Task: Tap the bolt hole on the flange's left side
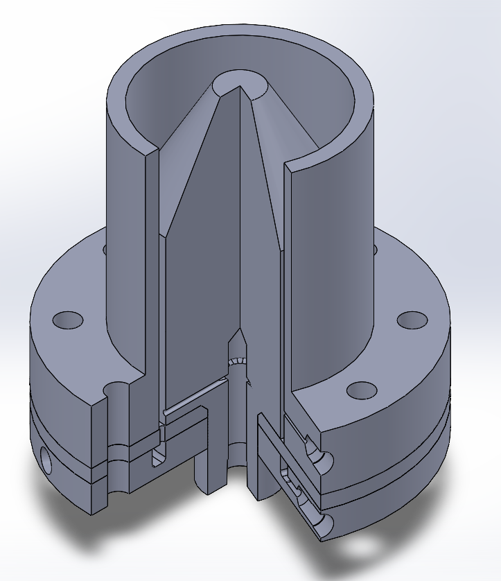(x=68, y=320)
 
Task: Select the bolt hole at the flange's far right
(x=412, y=320)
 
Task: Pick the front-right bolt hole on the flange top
(x=360, y=390)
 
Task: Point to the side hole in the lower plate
(x=46, y=460)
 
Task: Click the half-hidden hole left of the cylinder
(x=105, y=247)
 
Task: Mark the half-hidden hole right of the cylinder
(x=375, y=248)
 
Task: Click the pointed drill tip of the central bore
(x=239, y=333)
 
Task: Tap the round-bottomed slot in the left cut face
(x=159, y=454)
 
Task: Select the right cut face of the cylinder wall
(x=288, y=277)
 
